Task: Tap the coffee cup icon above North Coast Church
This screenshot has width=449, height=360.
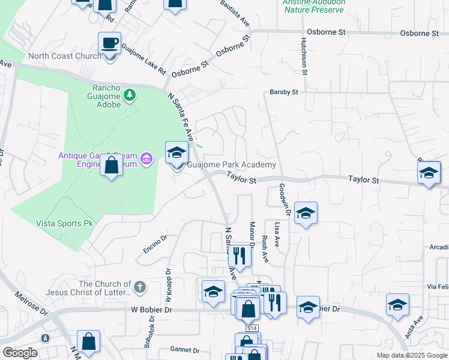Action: click(109, 43)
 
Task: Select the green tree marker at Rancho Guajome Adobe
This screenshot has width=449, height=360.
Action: click(129, 95)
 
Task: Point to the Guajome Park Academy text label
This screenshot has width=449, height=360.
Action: click(232, 165)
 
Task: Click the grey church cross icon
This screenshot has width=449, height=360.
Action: click(140, 287)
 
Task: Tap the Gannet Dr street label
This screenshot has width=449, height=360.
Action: click(184, 350)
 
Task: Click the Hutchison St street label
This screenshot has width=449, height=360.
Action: click(304, 55)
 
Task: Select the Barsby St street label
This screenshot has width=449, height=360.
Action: click(284, 92)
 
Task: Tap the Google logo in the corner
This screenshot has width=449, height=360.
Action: click(20, 353)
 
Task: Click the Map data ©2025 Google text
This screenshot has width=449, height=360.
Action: click(411, 355)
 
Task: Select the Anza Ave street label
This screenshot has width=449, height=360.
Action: click(414, 328)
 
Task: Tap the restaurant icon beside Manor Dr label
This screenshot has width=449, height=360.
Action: click(240, 255)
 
